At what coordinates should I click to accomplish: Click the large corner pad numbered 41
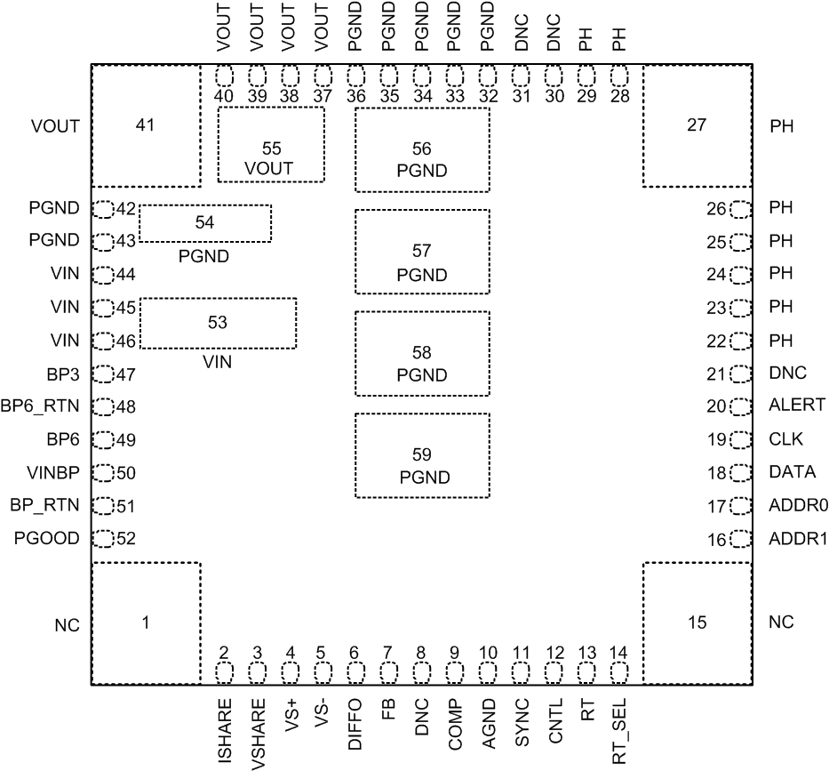pos(146,125)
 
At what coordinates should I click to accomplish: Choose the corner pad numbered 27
pos(697,125)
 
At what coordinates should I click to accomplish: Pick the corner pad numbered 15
pos(697,622)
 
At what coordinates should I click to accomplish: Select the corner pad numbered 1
pos(146,622)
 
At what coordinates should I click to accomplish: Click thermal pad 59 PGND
pos(423,455)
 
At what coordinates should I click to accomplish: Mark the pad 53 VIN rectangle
pos(219,324)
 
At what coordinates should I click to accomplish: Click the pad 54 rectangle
pos(205,223)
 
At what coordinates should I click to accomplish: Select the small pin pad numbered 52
pos(104,539)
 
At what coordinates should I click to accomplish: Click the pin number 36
pos(355,96)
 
